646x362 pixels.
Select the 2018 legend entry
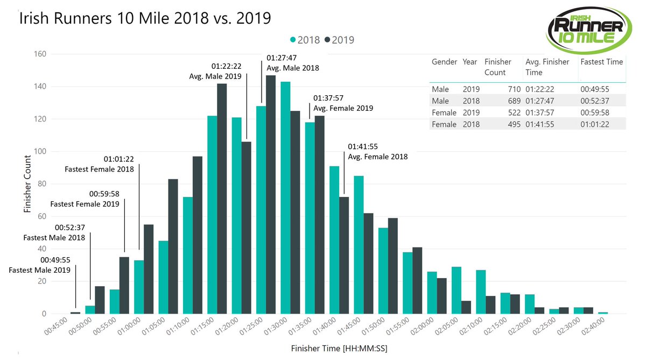pos(305,40)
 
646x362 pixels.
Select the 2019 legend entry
pos(339,40)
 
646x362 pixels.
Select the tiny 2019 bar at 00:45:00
pos(75,313)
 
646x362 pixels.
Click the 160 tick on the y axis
pos(39,54)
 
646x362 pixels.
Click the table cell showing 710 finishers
pos(512,89)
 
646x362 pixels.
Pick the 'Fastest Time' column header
pos(601,62)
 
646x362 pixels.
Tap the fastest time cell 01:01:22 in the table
pos(594,124)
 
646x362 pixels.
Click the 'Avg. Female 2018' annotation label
pos(377,157)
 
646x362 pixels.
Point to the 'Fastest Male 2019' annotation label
pos(40,270)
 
